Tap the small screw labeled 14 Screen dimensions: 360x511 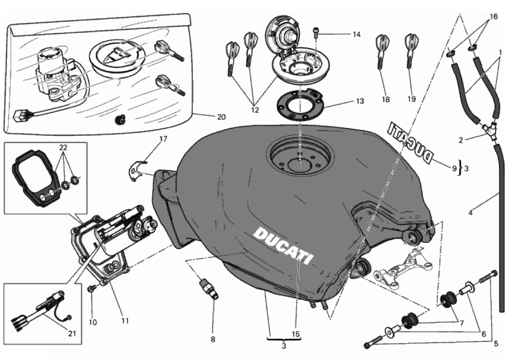[x=317, y=31]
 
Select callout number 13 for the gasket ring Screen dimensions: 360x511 [x=359, y=101]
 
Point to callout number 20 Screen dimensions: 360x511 [x=221, y=116]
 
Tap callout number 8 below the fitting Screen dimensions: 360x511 [x=213, y=339]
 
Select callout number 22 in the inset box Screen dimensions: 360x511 [x=64, y=147]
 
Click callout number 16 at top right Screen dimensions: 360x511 [x=493, y=17]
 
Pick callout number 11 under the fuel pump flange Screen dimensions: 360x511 [x=125, y=321]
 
